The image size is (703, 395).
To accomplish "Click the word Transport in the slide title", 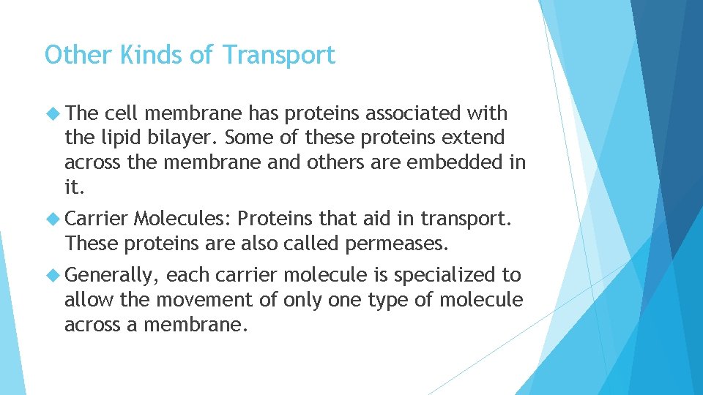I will (278, 55).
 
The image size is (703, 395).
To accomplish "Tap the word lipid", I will (121, 138).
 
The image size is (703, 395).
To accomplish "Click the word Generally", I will (111, 276).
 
